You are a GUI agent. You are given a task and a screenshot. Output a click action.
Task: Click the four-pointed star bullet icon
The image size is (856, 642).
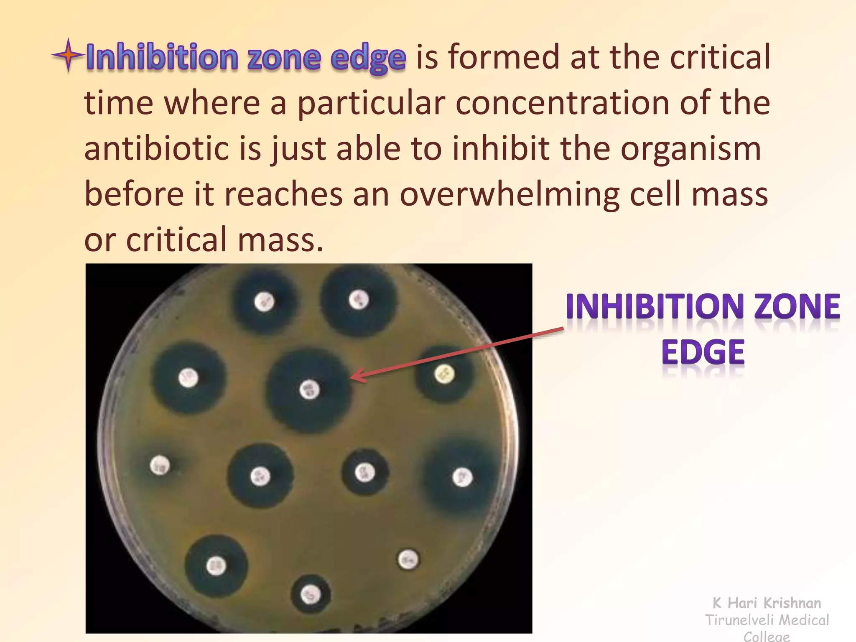point(68,55)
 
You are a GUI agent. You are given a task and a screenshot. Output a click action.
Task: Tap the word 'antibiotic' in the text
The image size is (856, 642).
point(156,149)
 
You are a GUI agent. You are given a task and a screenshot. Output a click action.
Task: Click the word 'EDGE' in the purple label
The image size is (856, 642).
point(703,353)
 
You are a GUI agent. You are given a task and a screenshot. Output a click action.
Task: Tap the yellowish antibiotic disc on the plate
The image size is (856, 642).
point(444,374)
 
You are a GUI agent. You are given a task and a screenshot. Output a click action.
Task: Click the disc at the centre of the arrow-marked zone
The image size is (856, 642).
point(310,390)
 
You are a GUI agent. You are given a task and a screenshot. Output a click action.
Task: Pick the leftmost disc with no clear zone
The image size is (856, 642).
point(160,465)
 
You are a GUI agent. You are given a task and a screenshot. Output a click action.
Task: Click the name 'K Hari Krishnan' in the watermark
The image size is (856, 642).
point(767,603)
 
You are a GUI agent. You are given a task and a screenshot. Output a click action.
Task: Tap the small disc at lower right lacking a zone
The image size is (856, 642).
point(408,560)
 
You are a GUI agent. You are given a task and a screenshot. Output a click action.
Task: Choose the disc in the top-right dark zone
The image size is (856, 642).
point(359,299)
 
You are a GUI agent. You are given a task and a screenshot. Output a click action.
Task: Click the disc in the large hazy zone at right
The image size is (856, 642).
point(462,477)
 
